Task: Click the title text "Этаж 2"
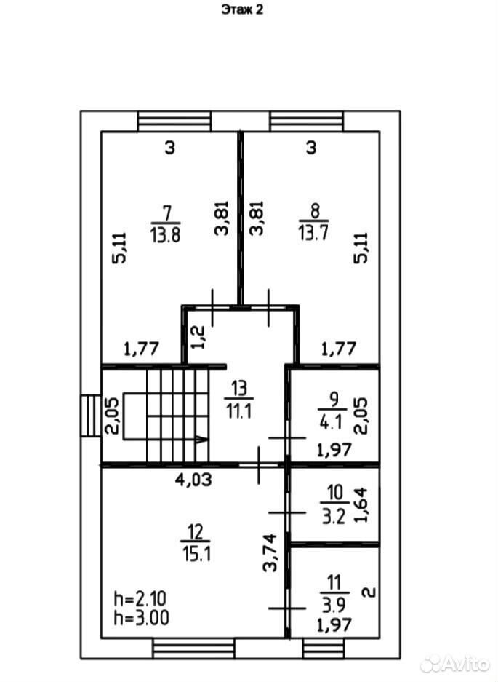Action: [242, 9]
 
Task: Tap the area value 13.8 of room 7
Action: [166, 235]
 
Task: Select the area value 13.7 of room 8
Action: [313, 233]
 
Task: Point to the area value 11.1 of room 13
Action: [239, 411]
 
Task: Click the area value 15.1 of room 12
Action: [197, 554]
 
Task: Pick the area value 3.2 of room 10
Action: [333, 517]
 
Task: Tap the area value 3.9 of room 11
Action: [334, 605]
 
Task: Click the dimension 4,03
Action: [193, 480]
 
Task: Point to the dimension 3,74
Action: [270, 552]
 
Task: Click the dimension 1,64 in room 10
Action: [361, 504]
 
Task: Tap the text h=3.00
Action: [141, 618]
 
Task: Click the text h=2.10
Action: [140, 599]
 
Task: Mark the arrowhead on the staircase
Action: [201, 440]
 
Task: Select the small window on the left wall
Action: [90, 416]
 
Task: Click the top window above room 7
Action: [174, 122]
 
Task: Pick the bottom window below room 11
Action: [324, 649]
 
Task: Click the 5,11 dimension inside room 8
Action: [361, 248]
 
